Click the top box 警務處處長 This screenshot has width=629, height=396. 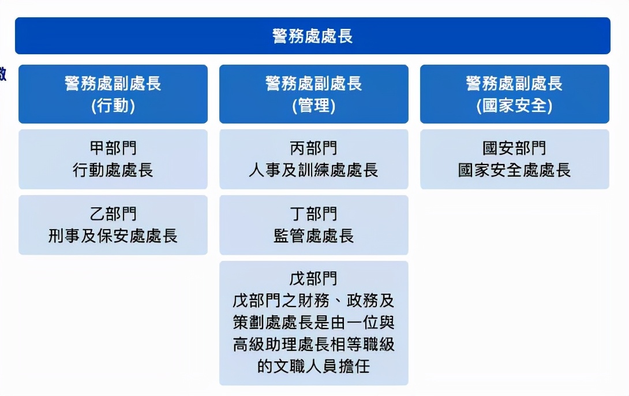(x=312, y=36)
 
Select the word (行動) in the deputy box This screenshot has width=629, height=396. (x=113, y=106)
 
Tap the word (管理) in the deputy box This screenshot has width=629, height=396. (x=313, y=106)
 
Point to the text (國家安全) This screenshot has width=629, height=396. (x=514, y=106)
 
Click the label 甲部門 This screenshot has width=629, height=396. (x=113, y=148)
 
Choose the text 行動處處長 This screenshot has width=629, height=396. (x=113, y=170)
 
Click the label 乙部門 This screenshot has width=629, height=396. (x=113, y=214)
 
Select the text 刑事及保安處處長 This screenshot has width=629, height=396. (x=113, y=236)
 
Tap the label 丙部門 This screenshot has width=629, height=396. (x=313, y=148)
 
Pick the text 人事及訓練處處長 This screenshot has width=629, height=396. (x=313, y=170)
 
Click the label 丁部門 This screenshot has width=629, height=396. (x=313, y=214)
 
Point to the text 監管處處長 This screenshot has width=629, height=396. (x=313, y=236)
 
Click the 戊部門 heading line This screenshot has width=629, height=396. (x=313, y=279)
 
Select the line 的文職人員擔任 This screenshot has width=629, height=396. (x=313, y=367)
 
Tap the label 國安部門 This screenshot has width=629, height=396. (x=514, y=148)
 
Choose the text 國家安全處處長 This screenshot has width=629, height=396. (x=514, y=170)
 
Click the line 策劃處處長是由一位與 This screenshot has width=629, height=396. (x=313, y=323)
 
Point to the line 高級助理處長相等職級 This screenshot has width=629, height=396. (x=313, y=345)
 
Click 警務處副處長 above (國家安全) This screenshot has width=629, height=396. (x=514, y=84)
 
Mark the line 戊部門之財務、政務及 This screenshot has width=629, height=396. (x=313, y=301)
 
